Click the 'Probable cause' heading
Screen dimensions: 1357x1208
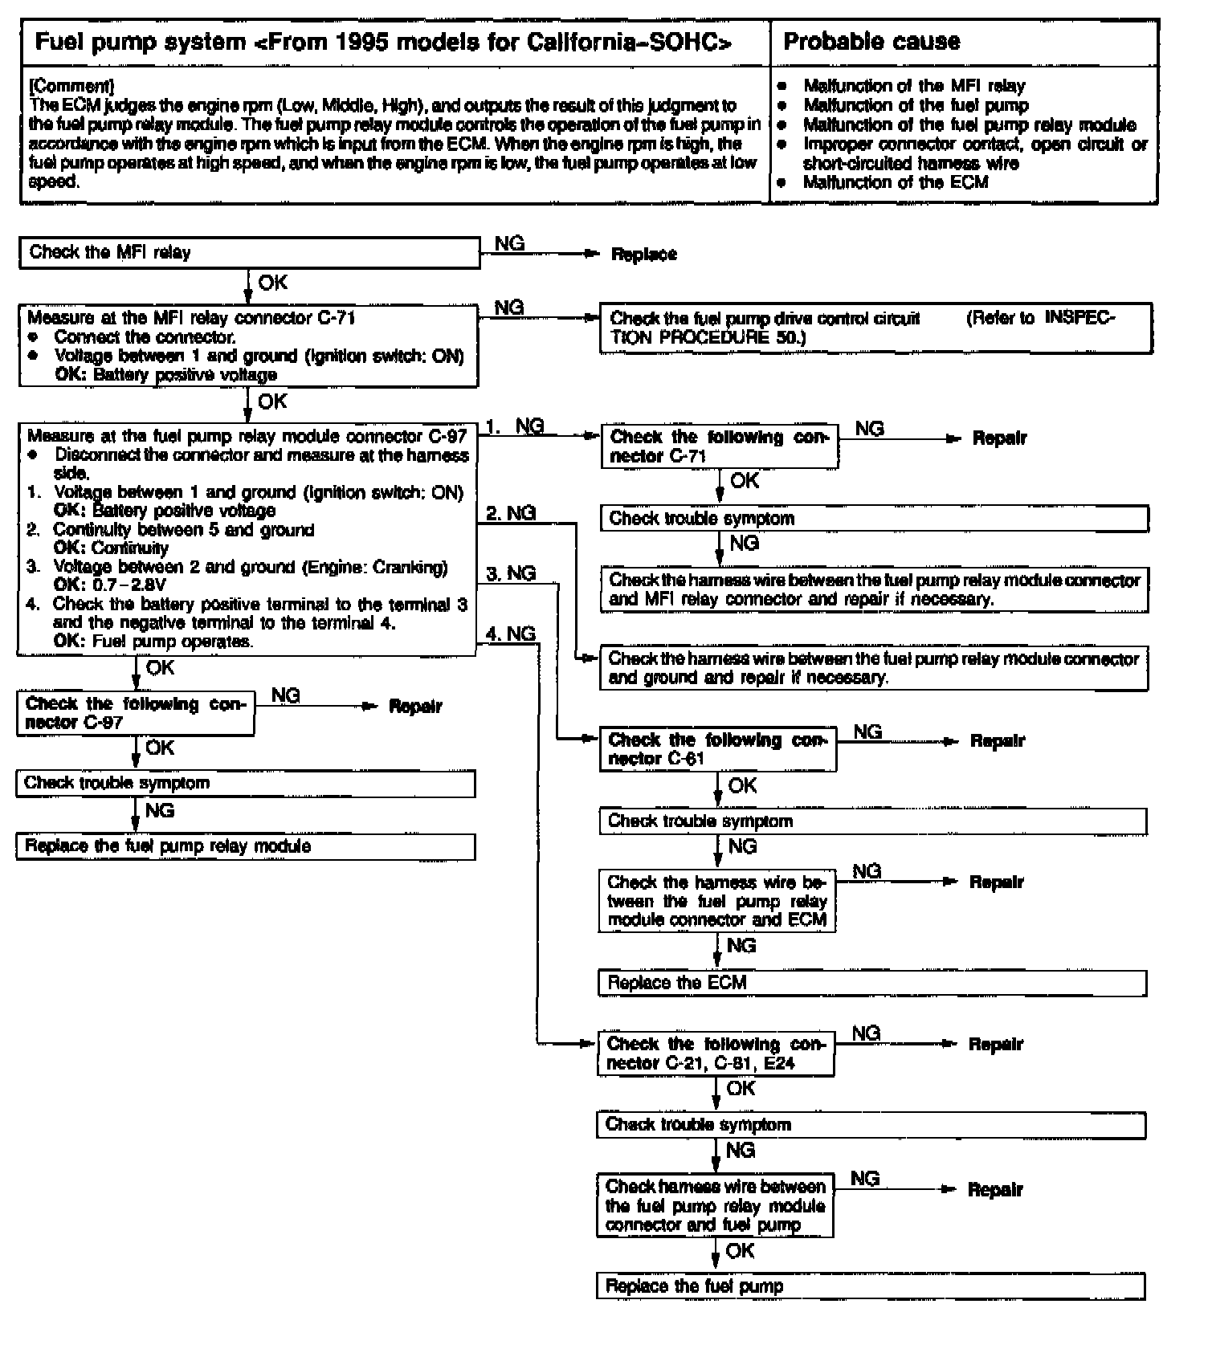pos(871,42)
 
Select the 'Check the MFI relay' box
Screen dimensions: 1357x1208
pos(249,252)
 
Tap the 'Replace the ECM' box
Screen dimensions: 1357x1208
pos(872,983)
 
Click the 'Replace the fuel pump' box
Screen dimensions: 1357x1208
pos(871,1286)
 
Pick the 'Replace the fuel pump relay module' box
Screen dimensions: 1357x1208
pos(246,846)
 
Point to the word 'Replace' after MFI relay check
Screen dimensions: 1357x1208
pos(644,255)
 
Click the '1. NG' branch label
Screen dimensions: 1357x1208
pos(515,427)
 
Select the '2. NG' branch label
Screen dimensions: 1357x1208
pos(511,513)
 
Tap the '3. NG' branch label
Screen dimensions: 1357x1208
pos(511,573)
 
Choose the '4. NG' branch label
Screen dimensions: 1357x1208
pos(511,634)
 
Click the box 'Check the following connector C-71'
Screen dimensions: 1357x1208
pos(719,446)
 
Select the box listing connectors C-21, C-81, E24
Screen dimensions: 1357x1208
pos(716,1053)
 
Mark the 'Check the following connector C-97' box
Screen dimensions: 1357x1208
pos(135,713)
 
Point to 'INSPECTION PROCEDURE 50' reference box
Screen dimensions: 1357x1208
pos(875,328)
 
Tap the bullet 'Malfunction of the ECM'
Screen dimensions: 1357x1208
pos(896,182)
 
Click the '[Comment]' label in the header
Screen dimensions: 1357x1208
pos(71,86)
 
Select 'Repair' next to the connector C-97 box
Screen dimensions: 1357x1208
pos(415,707)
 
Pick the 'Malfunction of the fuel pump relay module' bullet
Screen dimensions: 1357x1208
pos(969,124)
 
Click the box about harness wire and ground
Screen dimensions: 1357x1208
pos(874,668)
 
